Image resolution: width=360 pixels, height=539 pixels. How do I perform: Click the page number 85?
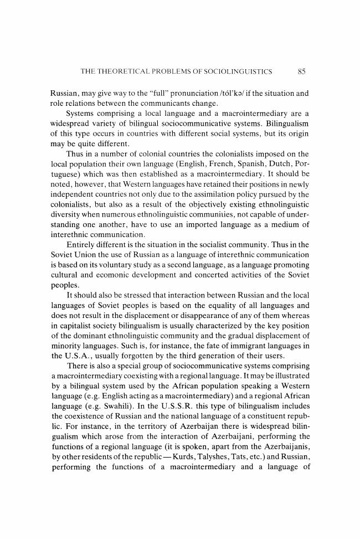(302, 71)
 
